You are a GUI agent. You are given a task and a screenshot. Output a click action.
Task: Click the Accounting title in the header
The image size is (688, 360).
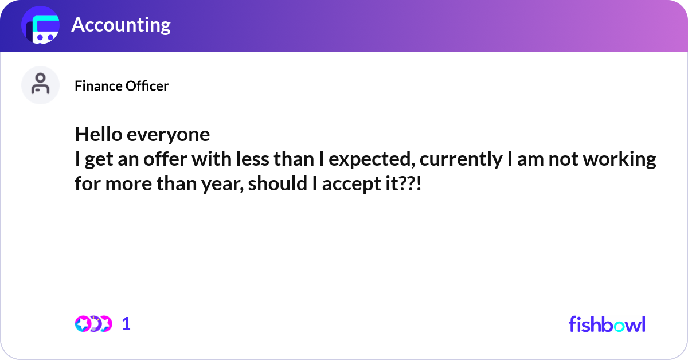121,25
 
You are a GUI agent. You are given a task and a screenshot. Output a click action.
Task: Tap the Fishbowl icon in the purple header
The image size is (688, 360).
40,26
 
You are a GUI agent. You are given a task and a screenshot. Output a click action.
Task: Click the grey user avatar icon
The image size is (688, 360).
40,85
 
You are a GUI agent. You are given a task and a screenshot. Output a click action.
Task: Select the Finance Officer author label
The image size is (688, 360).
122,86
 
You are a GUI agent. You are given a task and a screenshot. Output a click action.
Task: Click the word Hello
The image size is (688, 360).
98,134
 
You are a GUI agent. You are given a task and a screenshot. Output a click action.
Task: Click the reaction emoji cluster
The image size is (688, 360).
93,324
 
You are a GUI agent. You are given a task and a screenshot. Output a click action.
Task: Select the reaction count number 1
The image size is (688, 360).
126,324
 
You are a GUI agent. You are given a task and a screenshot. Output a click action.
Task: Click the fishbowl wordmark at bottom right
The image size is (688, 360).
607,324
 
